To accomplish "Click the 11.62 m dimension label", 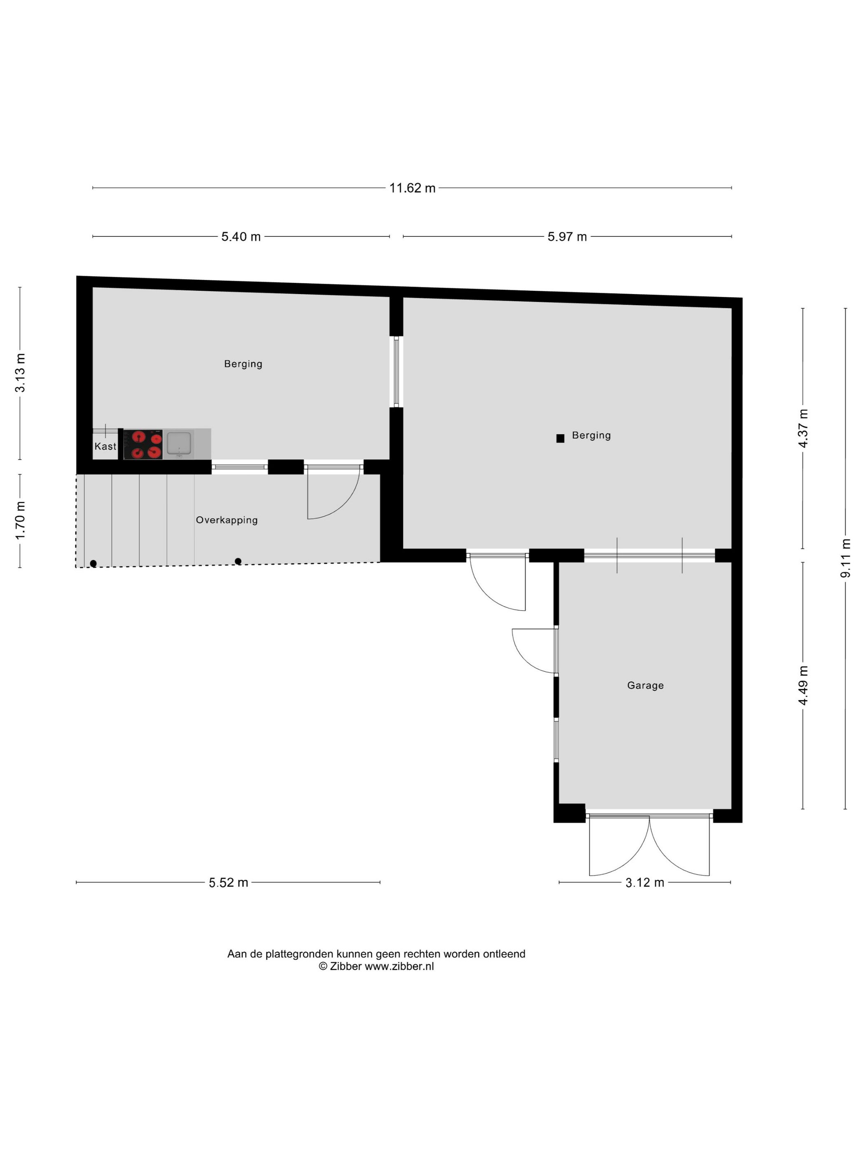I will (x=412, y=188).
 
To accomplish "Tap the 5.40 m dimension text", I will (x=241, y=237).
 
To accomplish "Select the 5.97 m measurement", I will (x=567, y=237).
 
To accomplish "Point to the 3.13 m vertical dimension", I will (x=20, y=373).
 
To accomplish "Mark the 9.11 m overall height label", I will (x=846, y=558).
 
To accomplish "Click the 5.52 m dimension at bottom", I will (x=228, y=882).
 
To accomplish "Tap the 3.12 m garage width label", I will (x=645, y=882).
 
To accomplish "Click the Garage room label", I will (x=645, y=686).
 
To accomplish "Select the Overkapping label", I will (x=227, y=520).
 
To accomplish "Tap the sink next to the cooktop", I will (x=179, y=444).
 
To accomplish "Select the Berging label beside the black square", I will (x=591, y=435).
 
